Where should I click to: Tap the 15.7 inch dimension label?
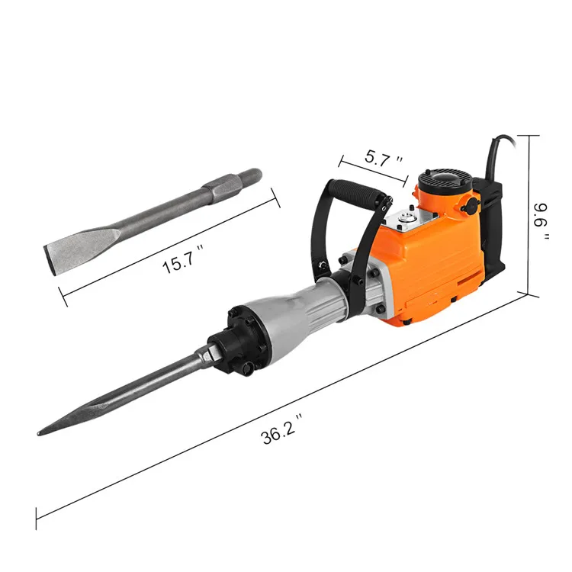pyautogui.click(x=182, y=259)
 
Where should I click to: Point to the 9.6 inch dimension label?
pyautogui.click(x=542, y=221)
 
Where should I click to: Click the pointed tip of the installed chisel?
pyautogui.click(x=39, y=433)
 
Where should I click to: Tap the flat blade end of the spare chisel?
pyautogui.click(x=50, y=260)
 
